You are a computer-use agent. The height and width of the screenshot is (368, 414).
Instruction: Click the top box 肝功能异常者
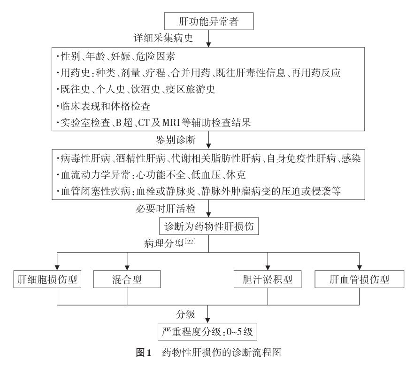point(208,21)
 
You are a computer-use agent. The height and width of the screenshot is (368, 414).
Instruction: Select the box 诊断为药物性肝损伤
point(209,226)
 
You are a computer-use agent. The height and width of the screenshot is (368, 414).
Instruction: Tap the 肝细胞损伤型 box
point(47,279)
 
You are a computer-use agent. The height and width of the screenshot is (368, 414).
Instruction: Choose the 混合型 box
point(127,279)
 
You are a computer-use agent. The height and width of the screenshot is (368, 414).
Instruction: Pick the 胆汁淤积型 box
point(268,279)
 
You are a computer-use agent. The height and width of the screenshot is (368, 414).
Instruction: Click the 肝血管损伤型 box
point(360,279)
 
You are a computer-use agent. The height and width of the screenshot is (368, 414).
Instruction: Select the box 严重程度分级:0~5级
point(207,331)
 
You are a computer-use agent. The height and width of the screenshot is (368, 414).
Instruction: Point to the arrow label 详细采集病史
point(163,38)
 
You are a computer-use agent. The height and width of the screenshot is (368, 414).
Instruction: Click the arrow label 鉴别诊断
point(176,140)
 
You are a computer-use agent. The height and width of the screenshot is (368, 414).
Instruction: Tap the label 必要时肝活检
point(166,209)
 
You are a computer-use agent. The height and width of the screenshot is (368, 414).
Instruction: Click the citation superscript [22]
point(190,241)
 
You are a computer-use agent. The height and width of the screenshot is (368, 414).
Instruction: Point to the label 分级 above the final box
point(185,314)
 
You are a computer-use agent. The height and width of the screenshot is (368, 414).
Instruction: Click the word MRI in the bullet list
point(171,123)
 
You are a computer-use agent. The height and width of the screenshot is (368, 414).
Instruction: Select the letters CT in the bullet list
point(144,123)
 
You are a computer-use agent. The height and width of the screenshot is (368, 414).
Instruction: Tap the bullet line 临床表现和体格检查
point(103,106)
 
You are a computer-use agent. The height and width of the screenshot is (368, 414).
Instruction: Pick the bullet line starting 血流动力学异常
point(151,175)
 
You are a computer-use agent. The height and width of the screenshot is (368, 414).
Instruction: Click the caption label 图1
point(144,352)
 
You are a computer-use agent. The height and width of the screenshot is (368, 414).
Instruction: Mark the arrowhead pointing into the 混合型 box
point(127,267)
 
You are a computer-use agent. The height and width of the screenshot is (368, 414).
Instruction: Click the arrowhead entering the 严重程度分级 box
point(208,320)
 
